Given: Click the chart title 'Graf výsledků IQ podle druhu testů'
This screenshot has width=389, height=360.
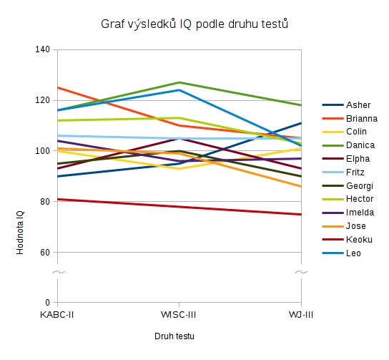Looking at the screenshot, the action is (x=194, y=24).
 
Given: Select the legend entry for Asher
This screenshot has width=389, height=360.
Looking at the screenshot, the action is (x=346, y=105).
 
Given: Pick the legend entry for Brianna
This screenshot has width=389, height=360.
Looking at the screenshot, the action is (x=350, y=118).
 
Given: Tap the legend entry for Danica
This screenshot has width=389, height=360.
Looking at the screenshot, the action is (x=348, y=145).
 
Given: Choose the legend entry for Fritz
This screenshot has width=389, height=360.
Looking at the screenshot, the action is (x=343, y=172).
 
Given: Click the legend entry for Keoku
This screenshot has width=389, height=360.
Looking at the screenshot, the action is (x=347, y=240).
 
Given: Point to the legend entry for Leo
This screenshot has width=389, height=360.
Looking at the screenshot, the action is (x=341, y=253).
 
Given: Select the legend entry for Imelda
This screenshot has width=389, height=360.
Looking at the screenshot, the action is (x=348, y=213).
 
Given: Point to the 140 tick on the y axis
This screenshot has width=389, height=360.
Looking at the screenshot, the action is (x=42, y=49).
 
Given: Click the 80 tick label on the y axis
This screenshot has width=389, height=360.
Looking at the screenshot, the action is (x=45, y=202).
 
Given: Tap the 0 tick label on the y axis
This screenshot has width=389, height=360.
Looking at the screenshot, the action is (x=48, y=303).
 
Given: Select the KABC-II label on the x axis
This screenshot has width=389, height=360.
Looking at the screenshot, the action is (x=56, y=315).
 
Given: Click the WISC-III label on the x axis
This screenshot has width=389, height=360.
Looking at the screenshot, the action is (x=178, y=315).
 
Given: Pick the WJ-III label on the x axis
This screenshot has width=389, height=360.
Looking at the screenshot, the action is (x=301, y=315).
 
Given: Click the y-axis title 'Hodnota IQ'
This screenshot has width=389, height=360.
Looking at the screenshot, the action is (x=20, y=233).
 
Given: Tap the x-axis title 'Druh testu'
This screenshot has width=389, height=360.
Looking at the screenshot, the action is (x=174, y=336).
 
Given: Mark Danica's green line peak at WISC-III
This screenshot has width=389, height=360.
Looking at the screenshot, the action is (x=179, y=82).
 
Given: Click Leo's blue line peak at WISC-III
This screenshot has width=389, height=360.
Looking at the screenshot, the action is (x=179, y=90).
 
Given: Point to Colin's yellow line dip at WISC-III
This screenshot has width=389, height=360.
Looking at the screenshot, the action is (x=179, y=169).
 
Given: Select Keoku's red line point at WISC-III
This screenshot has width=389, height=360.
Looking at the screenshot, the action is (x=179, y=207).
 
